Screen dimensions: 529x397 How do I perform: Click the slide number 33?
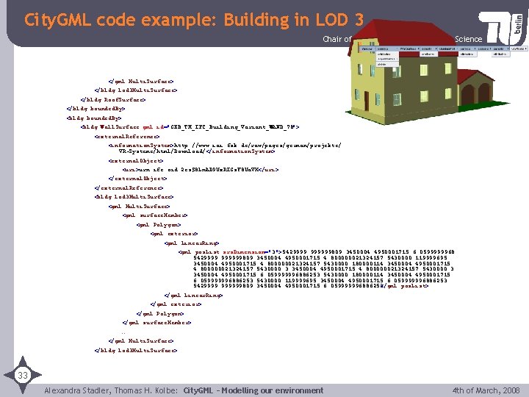tap(24, 376)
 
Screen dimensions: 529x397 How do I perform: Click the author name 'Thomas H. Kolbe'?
tap(145, 390)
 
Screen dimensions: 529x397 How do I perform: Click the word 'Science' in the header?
tap(469, 39)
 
